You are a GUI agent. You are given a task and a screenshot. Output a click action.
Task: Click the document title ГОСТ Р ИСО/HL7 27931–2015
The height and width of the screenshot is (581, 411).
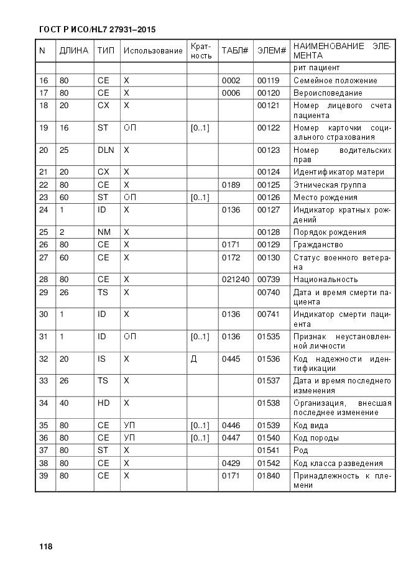tap(96, 29)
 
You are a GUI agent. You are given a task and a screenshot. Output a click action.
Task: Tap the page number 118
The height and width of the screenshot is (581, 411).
tap(45, 547)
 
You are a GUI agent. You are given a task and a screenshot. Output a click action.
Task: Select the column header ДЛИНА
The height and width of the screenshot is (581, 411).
tap(73, 50)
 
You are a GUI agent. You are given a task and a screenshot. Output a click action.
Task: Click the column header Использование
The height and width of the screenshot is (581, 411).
tap(153, 50)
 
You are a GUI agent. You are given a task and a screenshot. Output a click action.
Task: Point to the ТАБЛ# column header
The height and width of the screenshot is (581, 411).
tap(234, 50)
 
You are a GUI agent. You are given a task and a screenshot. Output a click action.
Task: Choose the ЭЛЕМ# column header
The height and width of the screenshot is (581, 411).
tap(271, 50)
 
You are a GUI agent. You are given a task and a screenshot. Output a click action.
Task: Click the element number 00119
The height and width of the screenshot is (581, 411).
tap(269, 80)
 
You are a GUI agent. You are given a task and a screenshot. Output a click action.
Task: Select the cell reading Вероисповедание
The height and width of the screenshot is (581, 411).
tap(328, 93)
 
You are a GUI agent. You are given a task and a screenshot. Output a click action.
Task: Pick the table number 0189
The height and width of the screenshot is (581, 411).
tap(231, 185)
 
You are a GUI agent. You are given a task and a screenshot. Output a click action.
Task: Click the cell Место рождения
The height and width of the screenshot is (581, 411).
tap(325, 197)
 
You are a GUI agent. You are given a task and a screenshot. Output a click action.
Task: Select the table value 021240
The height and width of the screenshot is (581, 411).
tap(235, 279)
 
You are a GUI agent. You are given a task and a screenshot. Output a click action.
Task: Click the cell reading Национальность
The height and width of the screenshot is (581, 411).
tap(325, 279)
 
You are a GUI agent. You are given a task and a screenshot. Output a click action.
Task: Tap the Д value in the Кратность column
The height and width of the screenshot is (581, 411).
tap(193, 359)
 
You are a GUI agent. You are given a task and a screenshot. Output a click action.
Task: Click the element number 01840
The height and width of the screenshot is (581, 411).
tap(269, 475)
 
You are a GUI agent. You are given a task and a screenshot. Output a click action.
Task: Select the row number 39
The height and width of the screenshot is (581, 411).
tap(44, 475)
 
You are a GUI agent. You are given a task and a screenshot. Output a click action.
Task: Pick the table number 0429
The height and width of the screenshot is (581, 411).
tap(231, 463)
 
